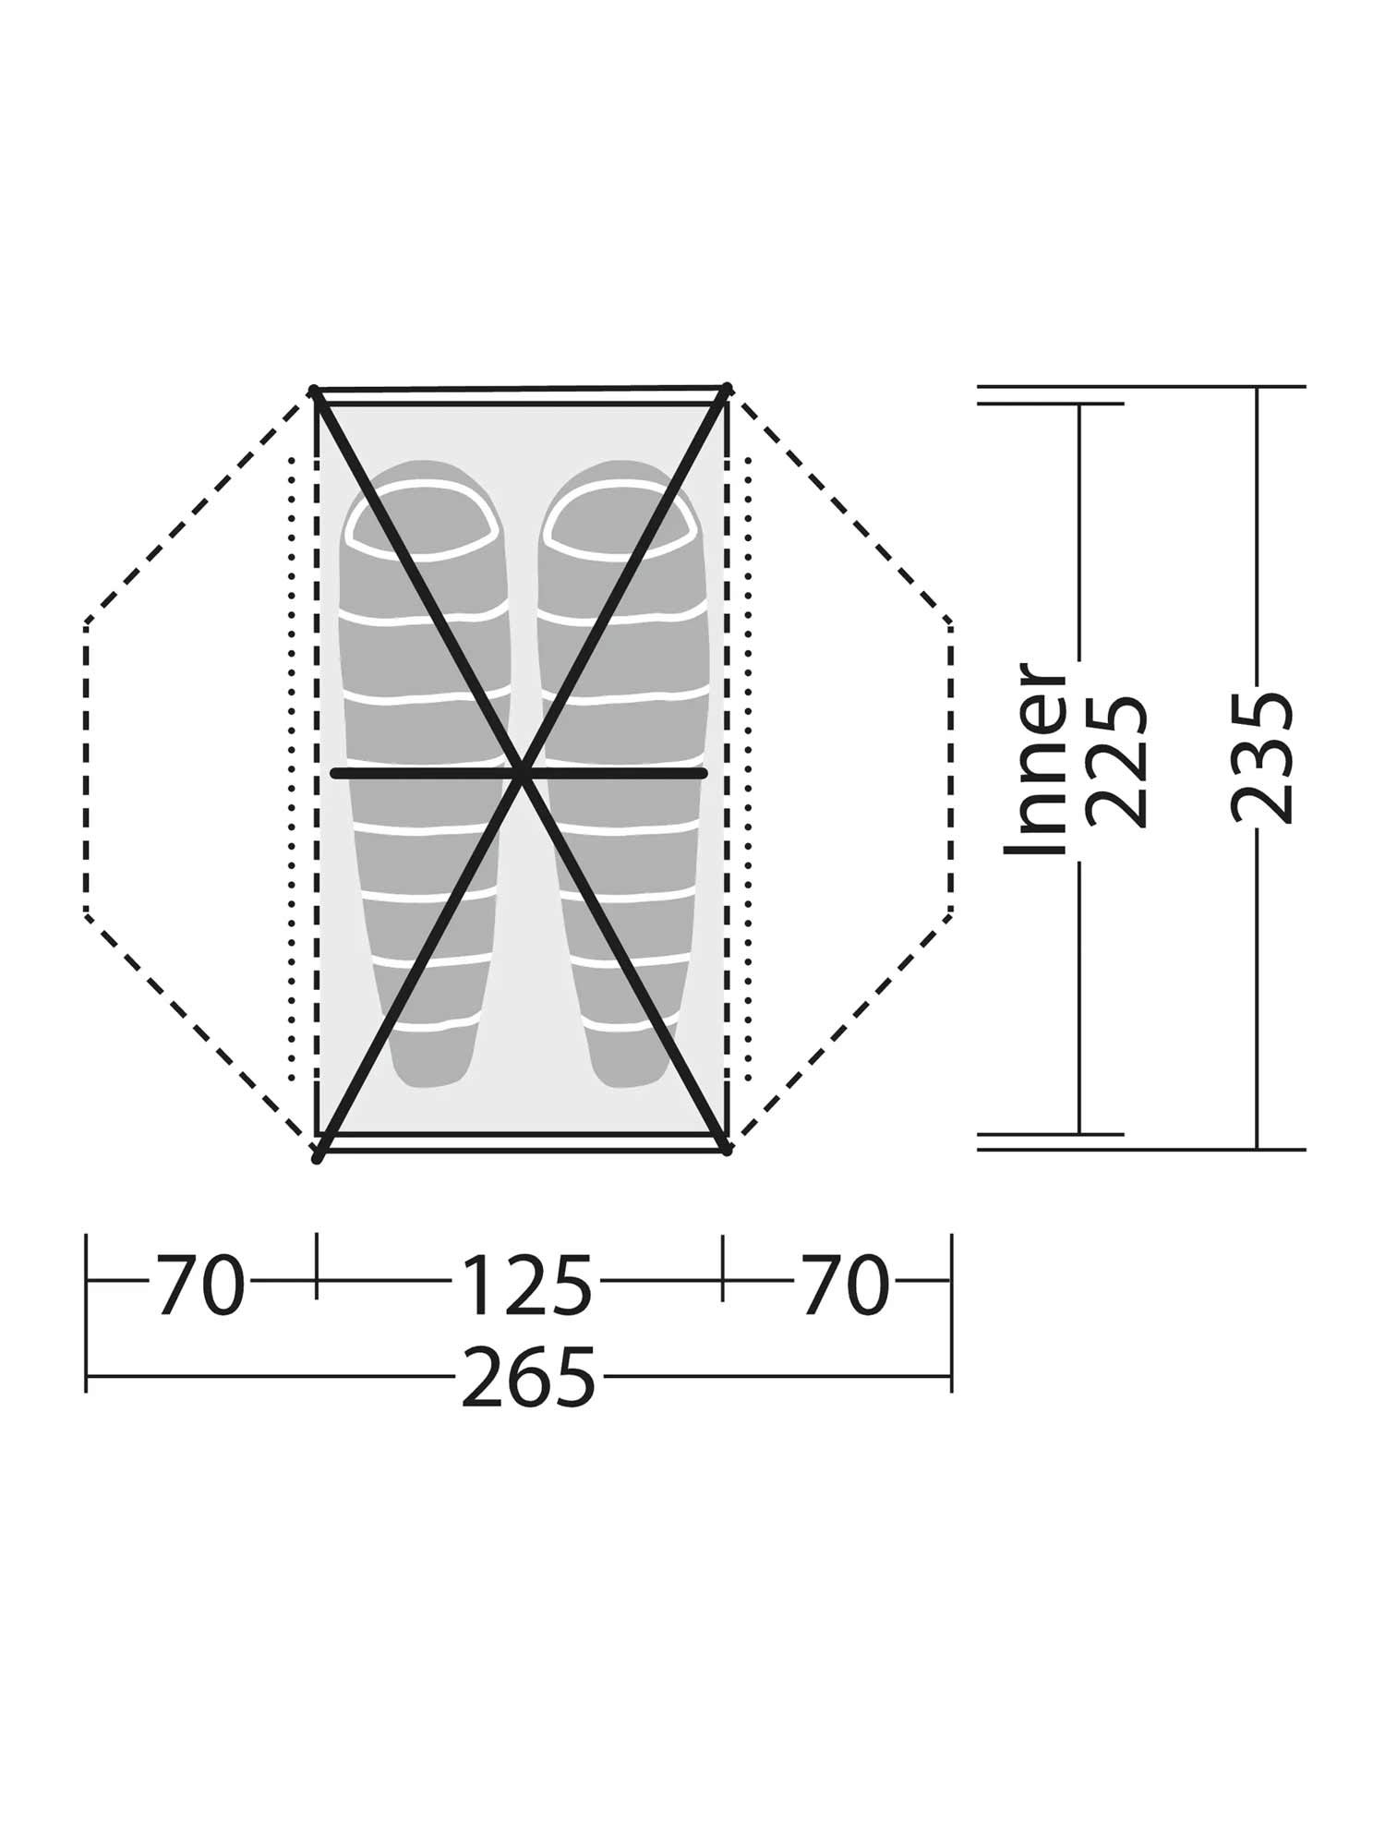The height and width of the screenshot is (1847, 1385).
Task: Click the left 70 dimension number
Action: (x=200, y=1285)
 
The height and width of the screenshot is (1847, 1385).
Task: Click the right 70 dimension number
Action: (x=844, y=1285)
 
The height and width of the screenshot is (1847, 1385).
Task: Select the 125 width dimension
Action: (x=525, y=1285)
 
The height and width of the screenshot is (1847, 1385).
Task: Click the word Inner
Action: (x=1036, y=759)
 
